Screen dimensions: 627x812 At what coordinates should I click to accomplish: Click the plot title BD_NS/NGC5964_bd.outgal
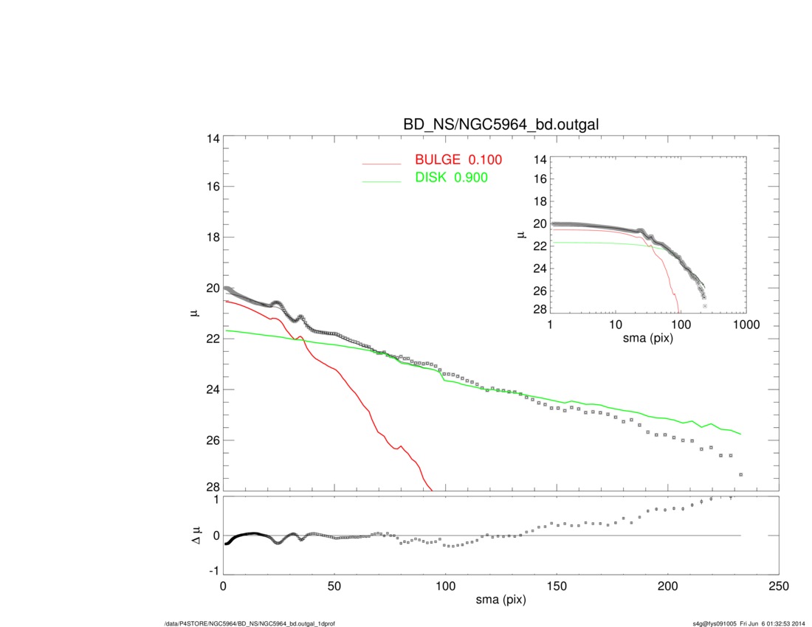[500, 125]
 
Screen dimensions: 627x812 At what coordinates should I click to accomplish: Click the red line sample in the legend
[381, 163]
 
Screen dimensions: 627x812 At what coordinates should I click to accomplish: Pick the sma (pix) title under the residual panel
[500, 601]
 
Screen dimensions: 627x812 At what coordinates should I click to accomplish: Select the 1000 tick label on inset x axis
[745, 325]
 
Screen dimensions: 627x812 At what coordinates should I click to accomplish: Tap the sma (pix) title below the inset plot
[648, 338]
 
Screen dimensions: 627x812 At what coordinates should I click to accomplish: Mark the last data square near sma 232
[740, 474]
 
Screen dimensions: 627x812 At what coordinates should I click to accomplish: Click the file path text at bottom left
[250, 623]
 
